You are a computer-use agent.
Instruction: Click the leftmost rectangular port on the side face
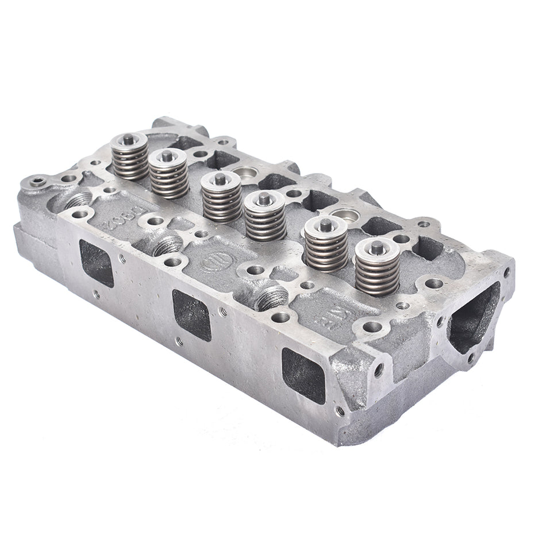click(96, 263)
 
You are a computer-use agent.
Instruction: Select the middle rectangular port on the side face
click(192, 315)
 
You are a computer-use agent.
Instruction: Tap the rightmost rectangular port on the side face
click(303, 375)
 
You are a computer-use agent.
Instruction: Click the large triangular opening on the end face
click(472, 317)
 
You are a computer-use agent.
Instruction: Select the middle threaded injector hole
click(168, 245)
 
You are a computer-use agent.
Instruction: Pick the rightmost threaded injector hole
click(272, 298)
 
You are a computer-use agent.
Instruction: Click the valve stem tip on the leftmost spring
click(129, 139)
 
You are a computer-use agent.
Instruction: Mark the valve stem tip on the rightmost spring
click(377, 247)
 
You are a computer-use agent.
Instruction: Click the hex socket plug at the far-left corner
click(38, 182)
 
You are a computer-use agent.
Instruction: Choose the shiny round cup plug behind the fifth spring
click(346, 216)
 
